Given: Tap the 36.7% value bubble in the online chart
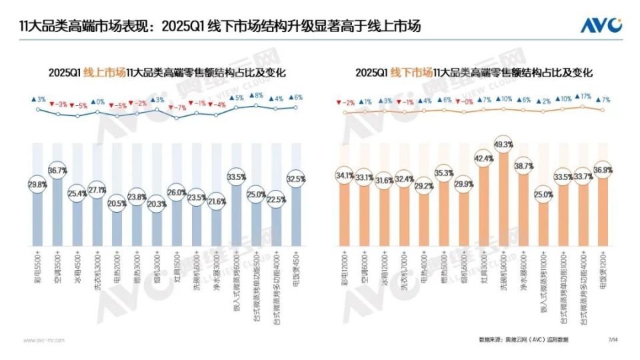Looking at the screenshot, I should pos(58,171).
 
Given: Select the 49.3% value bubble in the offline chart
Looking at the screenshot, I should pos(503,144).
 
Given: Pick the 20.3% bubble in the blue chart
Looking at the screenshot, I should pos(157,205).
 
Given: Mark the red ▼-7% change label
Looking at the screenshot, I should pos(177,107).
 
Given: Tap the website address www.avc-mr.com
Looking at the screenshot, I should pos(44,340).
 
